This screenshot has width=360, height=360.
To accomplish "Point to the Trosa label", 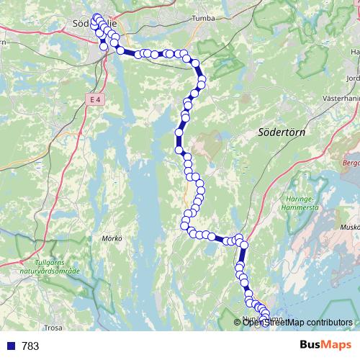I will (53, 327).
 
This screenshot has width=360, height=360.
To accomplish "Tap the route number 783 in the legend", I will (30, 346).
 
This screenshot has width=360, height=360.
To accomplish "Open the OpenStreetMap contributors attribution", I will (297, 322).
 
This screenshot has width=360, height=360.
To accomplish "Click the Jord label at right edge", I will (352, 78).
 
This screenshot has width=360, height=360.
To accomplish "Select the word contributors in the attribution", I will (328, 322).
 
